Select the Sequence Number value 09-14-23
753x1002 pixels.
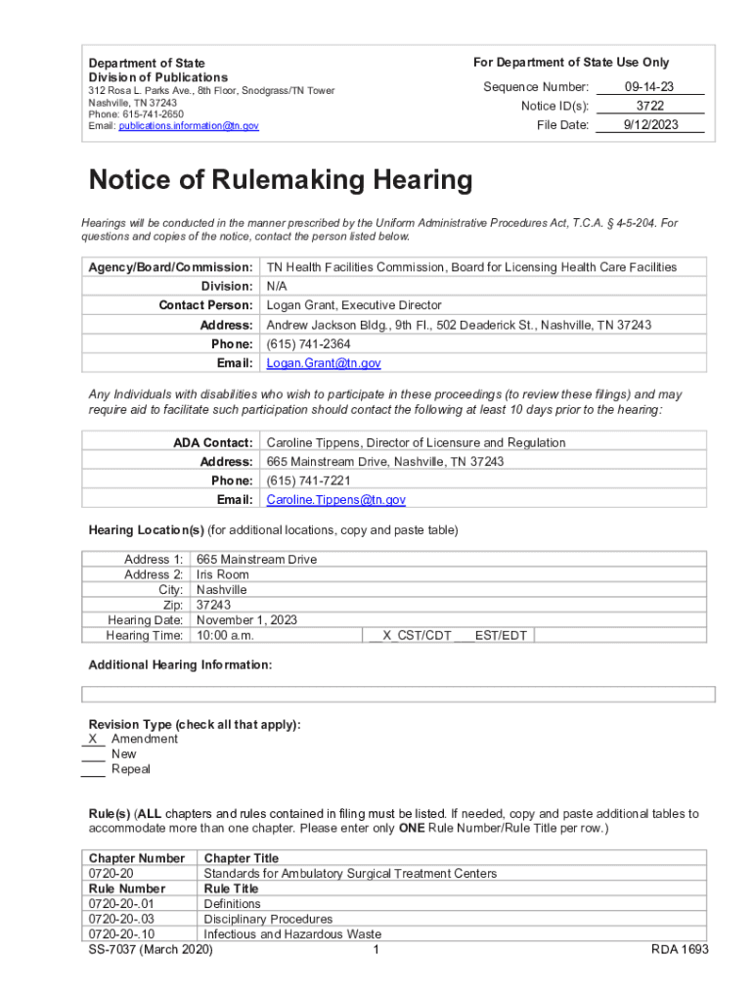(x=649, y=87)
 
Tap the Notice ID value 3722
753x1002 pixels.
(x=649, y=106)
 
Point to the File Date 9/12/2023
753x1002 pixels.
(x=649, y=125)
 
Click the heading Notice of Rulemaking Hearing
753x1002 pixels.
(x=281, y=181)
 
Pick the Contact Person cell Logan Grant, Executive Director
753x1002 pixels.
(x=354, y=305)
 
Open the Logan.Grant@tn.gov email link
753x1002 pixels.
(x=324, y=363)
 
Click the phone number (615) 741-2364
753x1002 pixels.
(x=309, y=343)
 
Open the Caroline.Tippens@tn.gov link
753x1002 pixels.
(x=336, y=499)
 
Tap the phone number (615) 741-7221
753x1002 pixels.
(x=309, y=480)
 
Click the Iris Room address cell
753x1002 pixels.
(x=223, y=574)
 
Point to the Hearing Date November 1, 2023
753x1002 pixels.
(x=247, y=619)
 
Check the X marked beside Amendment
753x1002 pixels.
(x=93, y=739)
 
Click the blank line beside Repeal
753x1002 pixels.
(x=93, y=769)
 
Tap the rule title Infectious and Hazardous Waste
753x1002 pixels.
(x=292, y=934)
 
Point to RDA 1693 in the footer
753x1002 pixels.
(x=680, y=949)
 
